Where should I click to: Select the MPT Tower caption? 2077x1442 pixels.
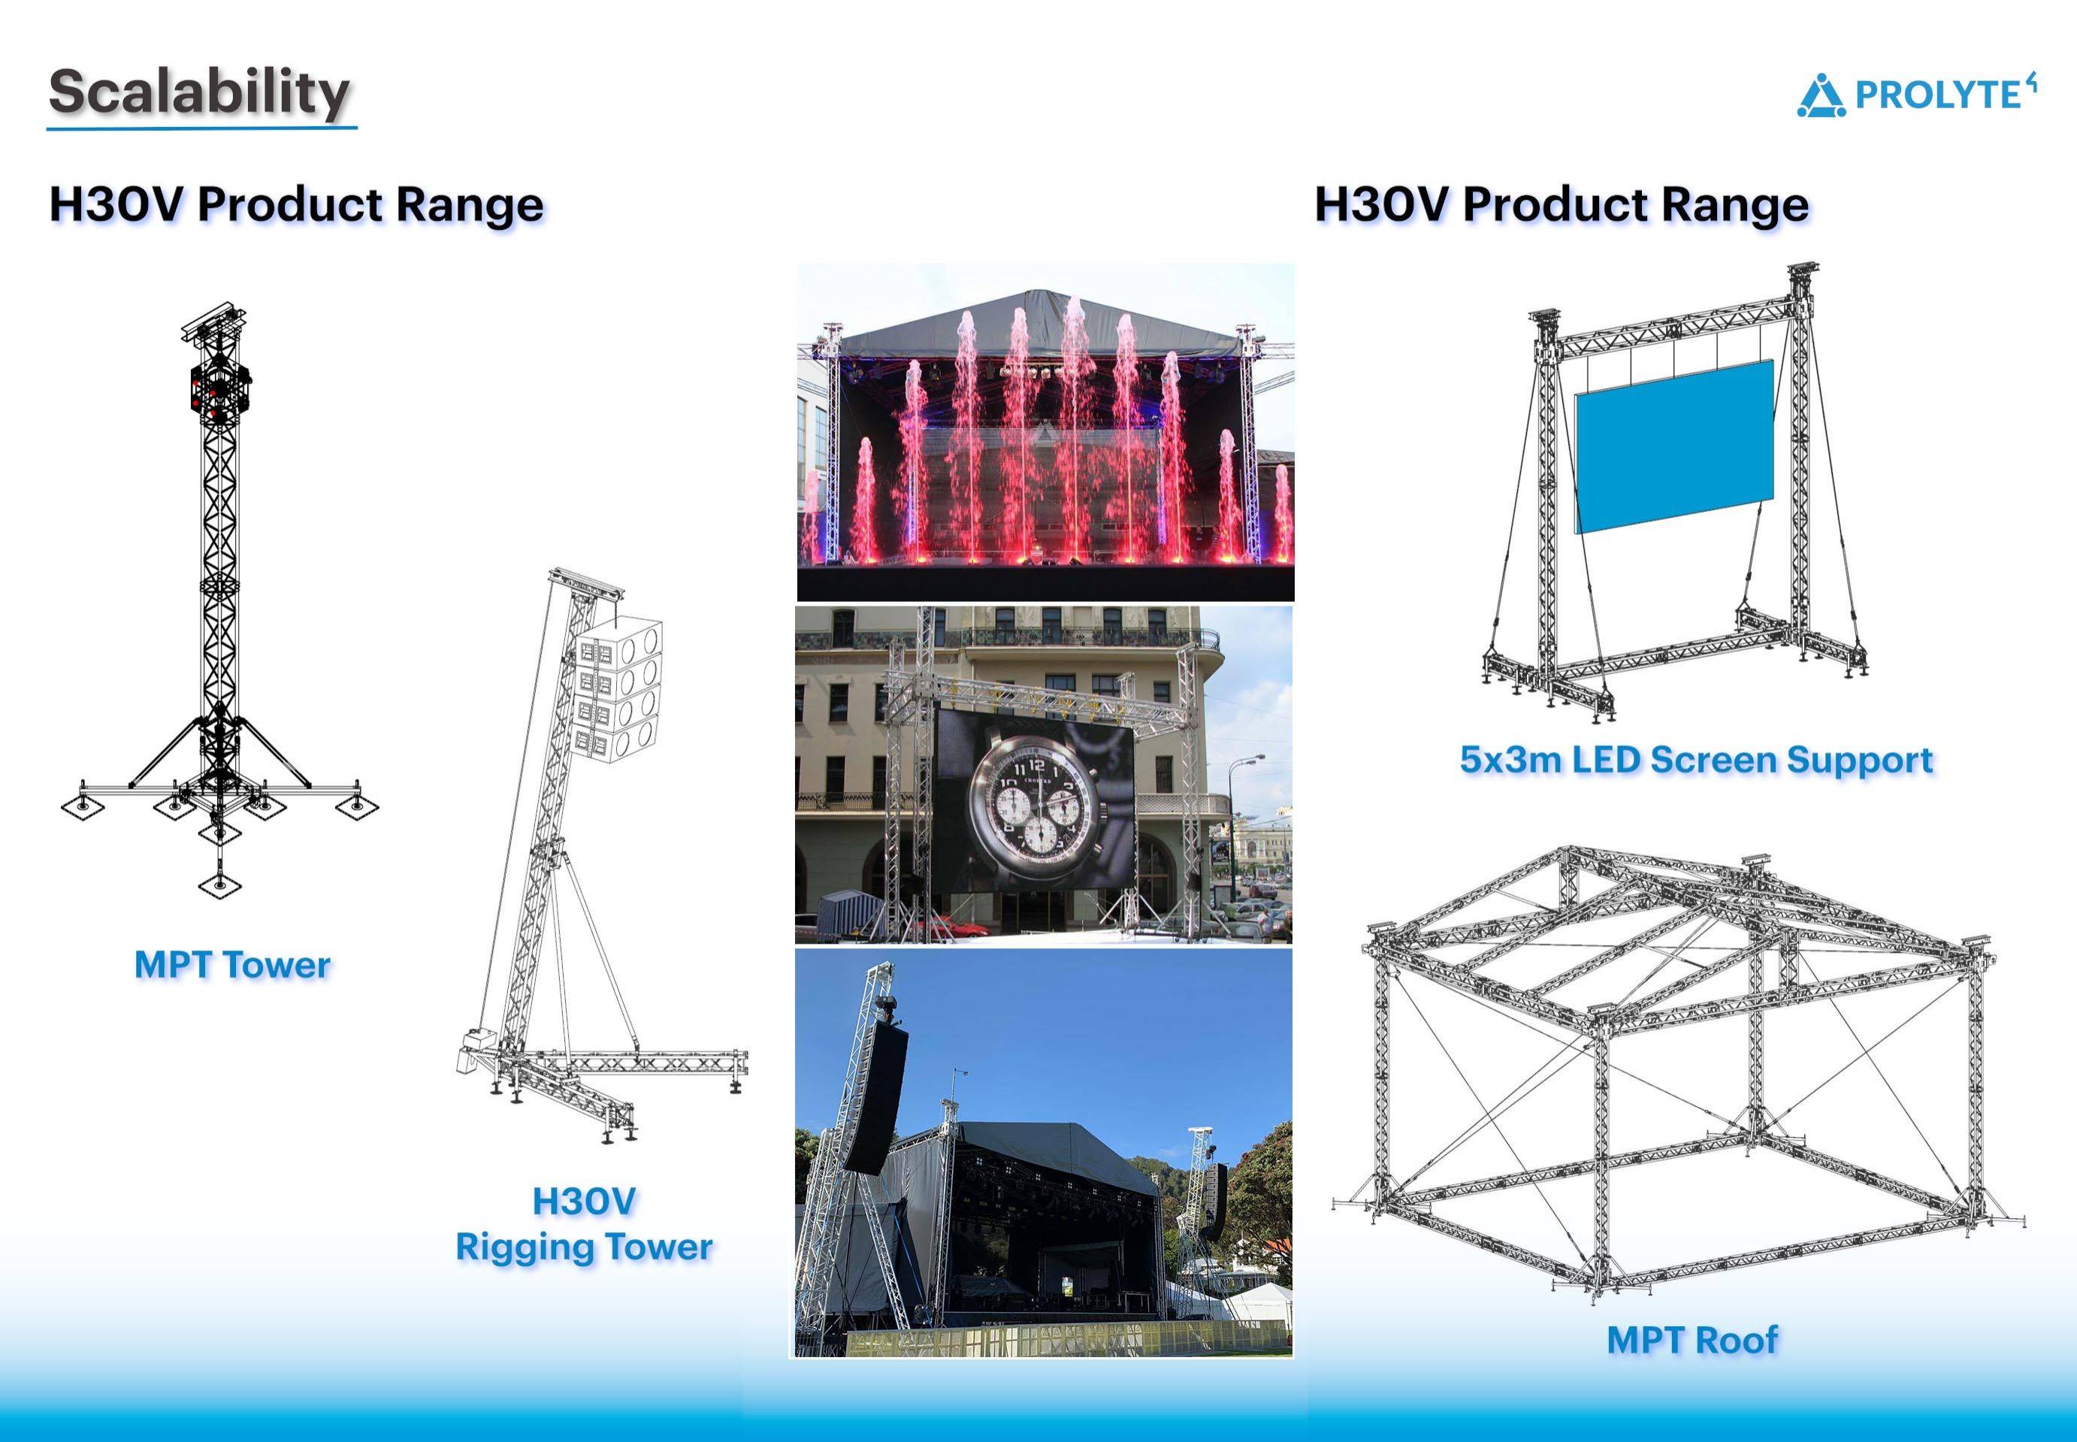pos(232,965)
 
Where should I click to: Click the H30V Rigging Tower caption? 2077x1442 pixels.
pos(584,1224)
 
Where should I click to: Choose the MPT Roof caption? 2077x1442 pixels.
pos(1692,1339)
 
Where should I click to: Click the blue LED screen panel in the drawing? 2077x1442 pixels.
pos(1674,446)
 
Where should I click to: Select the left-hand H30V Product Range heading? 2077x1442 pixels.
pos(296,204)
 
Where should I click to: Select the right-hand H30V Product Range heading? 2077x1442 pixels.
pos(1562,204)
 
